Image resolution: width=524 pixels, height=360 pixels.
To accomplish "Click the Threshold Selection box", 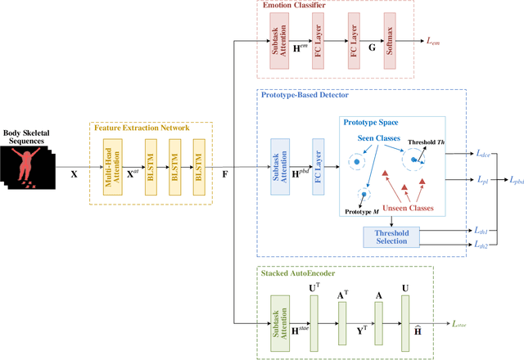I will (391, 236).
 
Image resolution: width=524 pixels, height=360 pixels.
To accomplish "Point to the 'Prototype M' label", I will (361, 213).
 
